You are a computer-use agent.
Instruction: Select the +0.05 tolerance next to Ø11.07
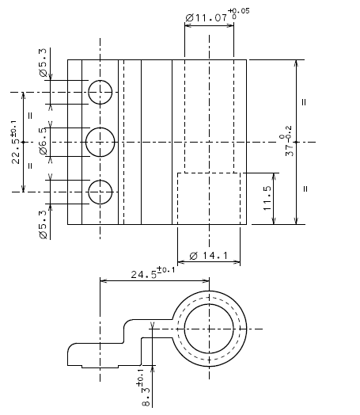pyautogui.click(x=239, y=11)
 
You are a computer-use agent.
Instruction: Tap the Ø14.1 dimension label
pyautogui.click(x=209, y=256)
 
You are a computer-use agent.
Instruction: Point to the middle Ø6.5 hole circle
pyautogui.click(x=100, y=143)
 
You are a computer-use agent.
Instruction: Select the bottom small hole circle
pyautogui.click(x=100, y=192)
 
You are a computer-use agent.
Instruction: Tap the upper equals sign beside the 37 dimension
pyautogui.click(x=303, y=101)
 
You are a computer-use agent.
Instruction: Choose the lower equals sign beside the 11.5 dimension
pyautogui.click(x=303, y=188)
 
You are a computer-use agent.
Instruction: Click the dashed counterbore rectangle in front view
pyautogui.click(x=209, y=198)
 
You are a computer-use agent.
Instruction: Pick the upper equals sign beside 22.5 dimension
pyautogui.click(x=30, y=116)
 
